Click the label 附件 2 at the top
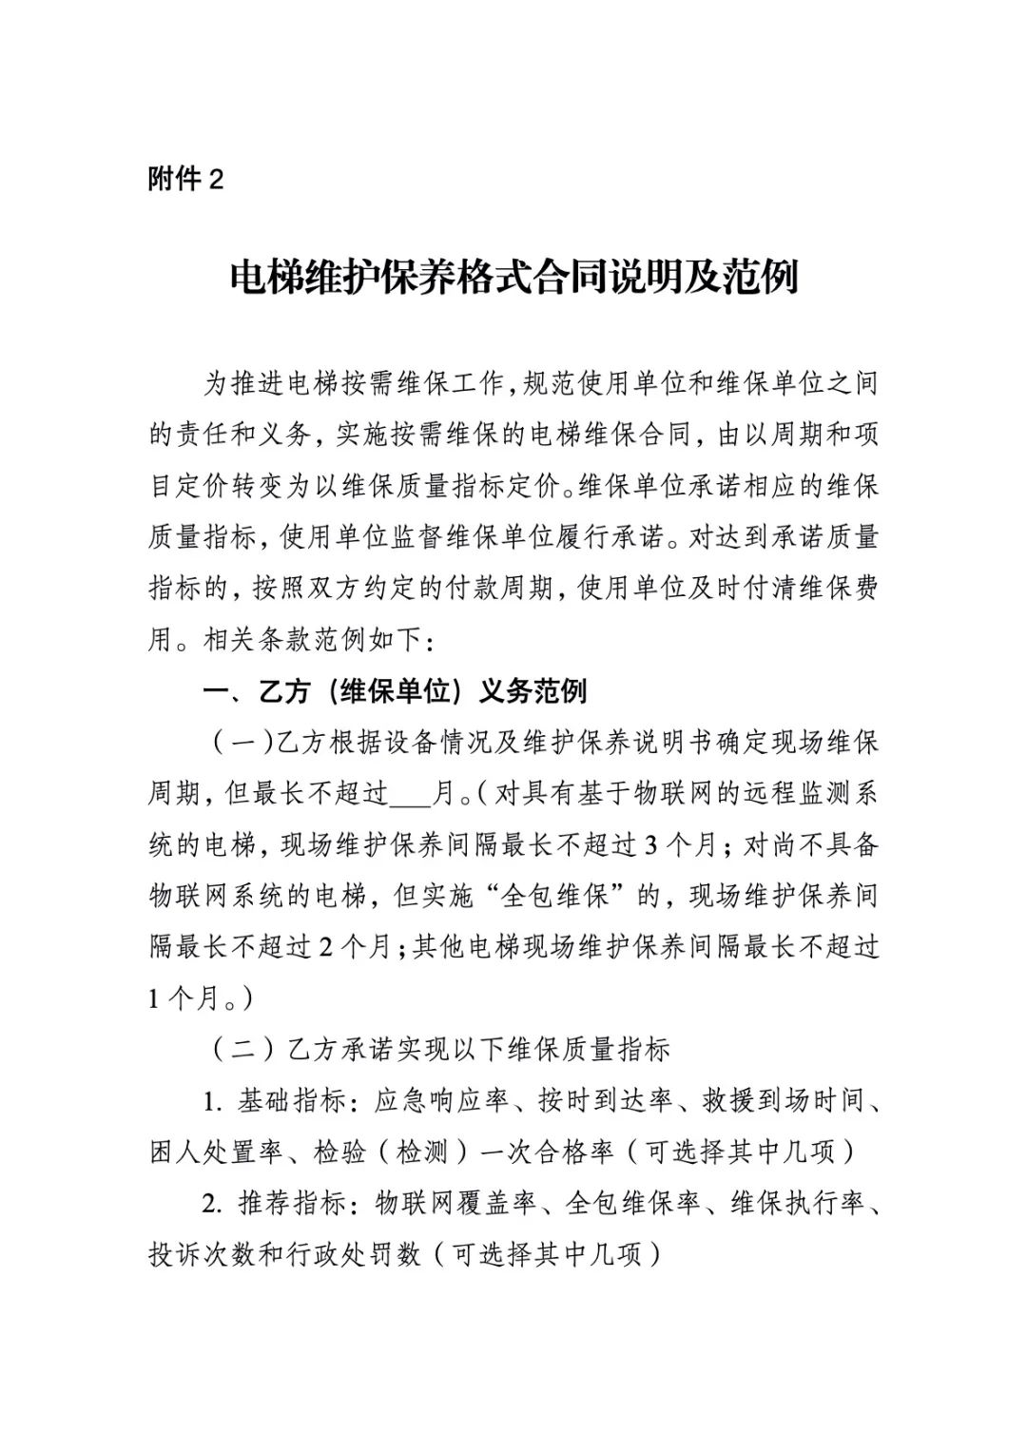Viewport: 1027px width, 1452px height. click(x=185, y=179)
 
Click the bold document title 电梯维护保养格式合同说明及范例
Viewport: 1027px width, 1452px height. click(x=513, y=277)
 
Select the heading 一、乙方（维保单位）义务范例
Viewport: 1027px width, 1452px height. click(x=396, y=691)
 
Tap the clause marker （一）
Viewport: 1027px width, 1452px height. click(x=234, y=743)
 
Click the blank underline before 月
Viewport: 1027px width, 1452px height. click(x=412, y=793)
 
